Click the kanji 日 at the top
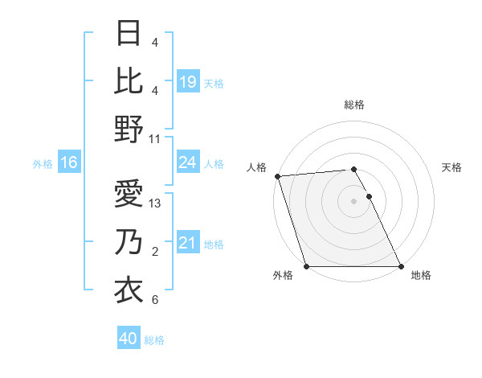click(x=129, y=35)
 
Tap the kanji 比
click(x=129, y=81)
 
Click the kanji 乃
click(x=129, y=242)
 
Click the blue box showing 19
click(x=187, y=82)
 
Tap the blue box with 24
click(x=187, y=163)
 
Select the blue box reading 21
click(x=187, y=243)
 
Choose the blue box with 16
click(x=69, y=163)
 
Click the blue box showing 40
click(x=129, y=339)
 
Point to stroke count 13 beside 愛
click(x=156, y=203)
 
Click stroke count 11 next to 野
click(x=155, y=139)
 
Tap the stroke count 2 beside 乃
click(x=155, y=252)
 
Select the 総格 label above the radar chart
click(x=353, y=105)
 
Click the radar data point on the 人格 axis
click(x=277, y=176)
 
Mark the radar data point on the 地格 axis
click(x=400, y=266)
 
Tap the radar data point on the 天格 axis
click(x=369, y=196)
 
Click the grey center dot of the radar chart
click(x=353, y=201)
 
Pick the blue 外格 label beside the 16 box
click(x=43, y=164)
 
